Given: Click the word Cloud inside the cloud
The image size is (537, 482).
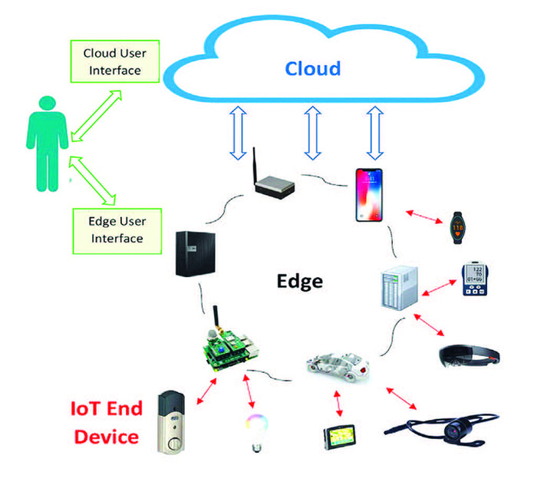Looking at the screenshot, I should point(313,68).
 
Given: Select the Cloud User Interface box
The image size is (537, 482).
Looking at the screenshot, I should point(113,61).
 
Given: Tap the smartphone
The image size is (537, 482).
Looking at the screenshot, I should point(367,195).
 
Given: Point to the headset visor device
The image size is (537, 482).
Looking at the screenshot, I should point(473,355).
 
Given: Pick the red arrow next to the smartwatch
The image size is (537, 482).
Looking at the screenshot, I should point(423,216).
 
